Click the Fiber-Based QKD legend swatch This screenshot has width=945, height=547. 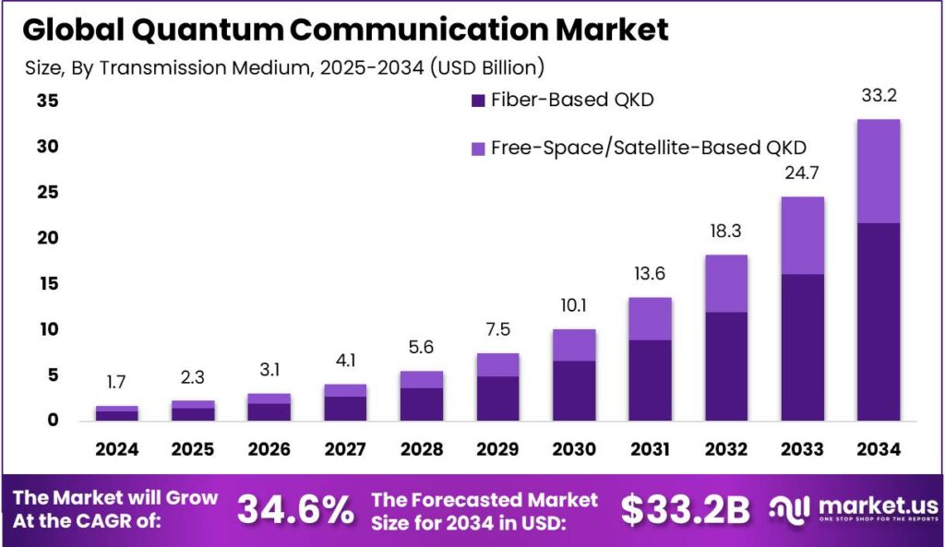coord(477,101)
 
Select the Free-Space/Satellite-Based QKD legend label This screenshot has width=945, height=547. coord(649,147)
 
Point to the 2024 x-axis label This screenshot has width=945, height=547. coord(116,449)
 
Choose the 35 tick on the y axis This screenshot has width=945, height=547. coord(47,101)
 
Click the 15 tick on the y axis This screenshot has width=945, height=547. coord(47,284)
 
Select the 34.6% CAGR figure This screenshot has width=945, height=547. coord(295,510)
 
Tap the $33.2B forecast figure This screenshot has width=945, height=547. coord(686,510)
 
